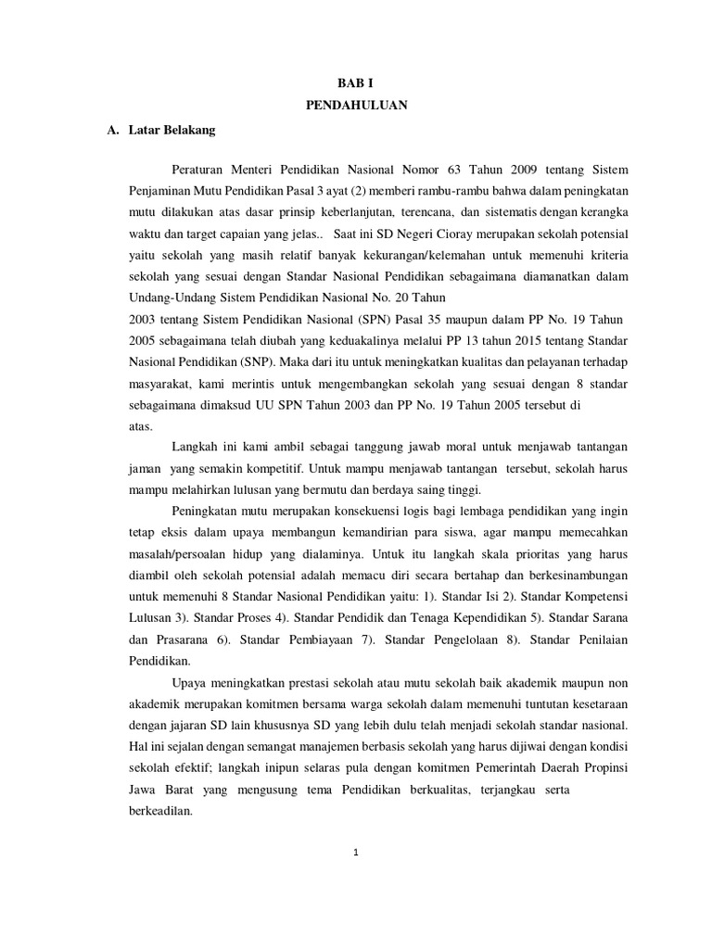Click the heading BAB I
(x=356, y=82)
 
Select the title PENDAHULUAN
(x=356, y=107)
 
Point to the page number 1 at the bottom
(x=356, y=855)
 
